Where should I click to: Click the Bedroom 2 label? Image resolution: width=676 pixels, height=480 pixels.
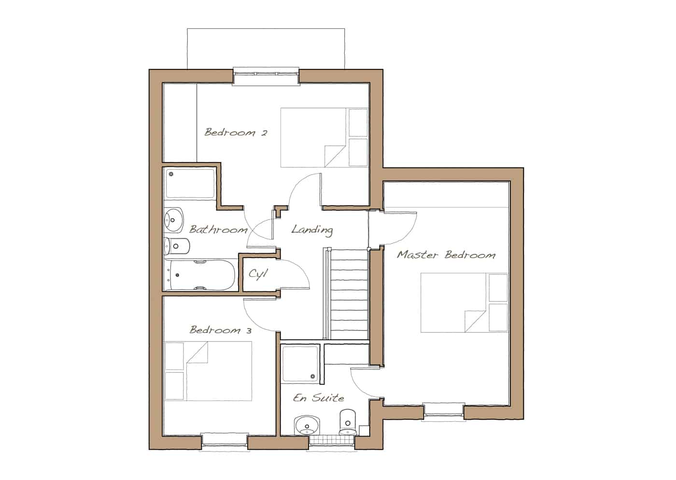point(236,132)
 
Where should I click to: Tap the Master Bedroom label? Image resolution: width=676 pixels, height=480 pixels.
point(446,255)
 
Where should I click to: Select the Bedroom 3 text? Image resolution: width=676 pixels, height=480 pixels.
point(220,329)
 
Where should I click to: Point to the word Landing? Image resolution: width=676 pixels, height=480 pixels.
point(312,230)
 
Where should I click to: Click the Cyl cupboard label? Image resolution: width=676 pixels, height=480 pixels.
point(258,274)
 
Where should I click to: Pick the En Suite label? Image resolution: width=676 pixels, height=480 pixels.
point(318,398)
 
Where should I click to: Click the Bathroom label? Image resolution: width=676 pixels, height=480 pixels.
point(218,230)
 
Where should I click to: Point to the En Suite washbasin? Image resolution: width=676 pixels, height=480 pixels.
point(307,425)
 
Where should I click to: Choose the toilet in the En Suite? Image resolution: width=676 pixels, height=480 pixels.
point(348,422)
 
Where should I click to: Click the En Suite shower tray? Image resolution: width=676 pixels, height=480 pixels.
point(300,364)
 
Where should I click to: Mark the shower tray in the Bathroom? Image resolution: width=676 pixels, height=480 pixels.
point(190,183)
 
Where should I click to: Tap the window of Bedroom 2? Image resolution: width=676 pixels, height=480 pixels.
point(266,76)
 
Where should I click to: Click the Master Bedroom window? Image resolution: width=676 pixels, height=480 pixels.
point(444,411)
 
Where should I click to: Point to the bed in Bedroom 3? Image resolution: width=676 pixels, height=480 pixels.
point(208,371)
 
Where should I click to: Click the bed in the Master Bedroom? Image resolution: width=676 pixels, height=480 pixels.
point(464,303)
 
